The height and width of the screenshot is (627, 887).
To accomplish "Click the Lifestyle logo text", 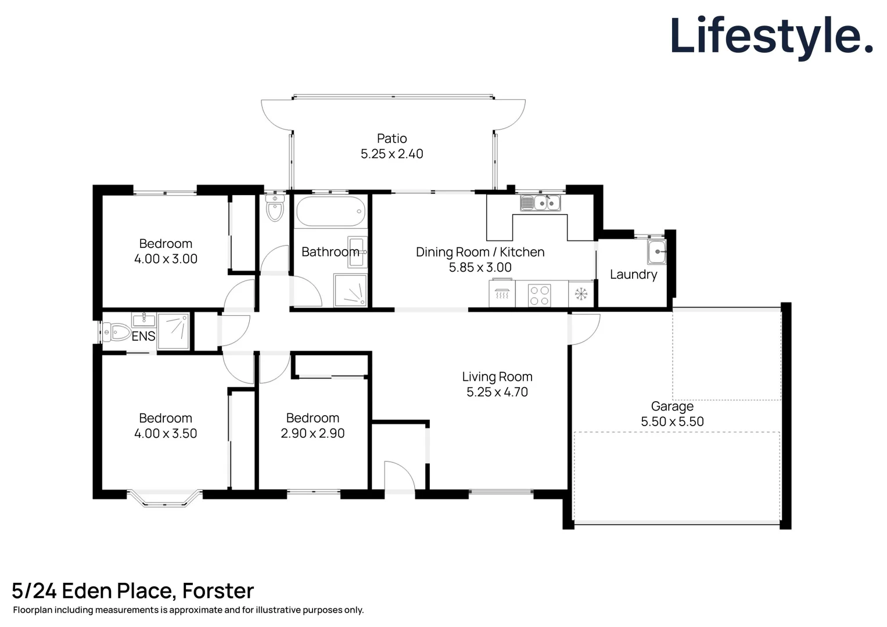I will [771, 36].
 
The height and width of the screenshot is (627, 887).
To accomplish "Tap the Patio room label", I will [392, 139].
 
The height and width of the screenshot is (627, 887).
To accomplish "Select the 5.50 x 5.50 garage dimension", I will [672, 422].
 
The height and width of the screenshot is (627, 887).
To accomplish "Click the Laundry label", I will [633, 275].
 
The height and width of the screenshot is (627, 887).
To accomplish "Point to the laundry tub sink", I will [657, 252].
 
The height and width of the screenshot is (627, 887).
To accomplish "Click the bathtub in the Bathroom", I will [331, 212].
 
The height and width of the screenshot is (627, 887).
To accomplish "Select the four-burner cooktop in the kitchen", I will [539, 295].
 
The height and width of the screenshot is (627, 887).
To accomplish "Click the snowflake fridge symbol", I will [581, 295].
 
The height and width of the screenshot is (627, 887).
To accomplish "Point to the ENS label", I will [143, 336].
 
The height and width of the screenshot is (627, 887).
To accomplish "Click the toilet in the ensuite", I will [117, 333].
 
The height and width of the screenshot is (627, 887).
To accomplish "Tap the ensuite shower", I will [173, 331].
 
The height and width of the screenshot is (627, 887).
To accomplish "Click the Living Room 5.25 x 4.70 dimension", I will [497, 392].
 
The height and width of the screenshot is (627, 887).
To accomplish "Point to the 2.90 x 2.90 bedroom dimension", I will [313, 434].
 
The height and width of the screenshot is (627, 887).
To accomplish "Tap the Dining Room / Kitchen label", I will [480, 253].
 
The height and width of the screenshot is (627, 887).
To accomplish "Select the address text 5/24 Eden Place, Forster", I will [133, 591].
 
